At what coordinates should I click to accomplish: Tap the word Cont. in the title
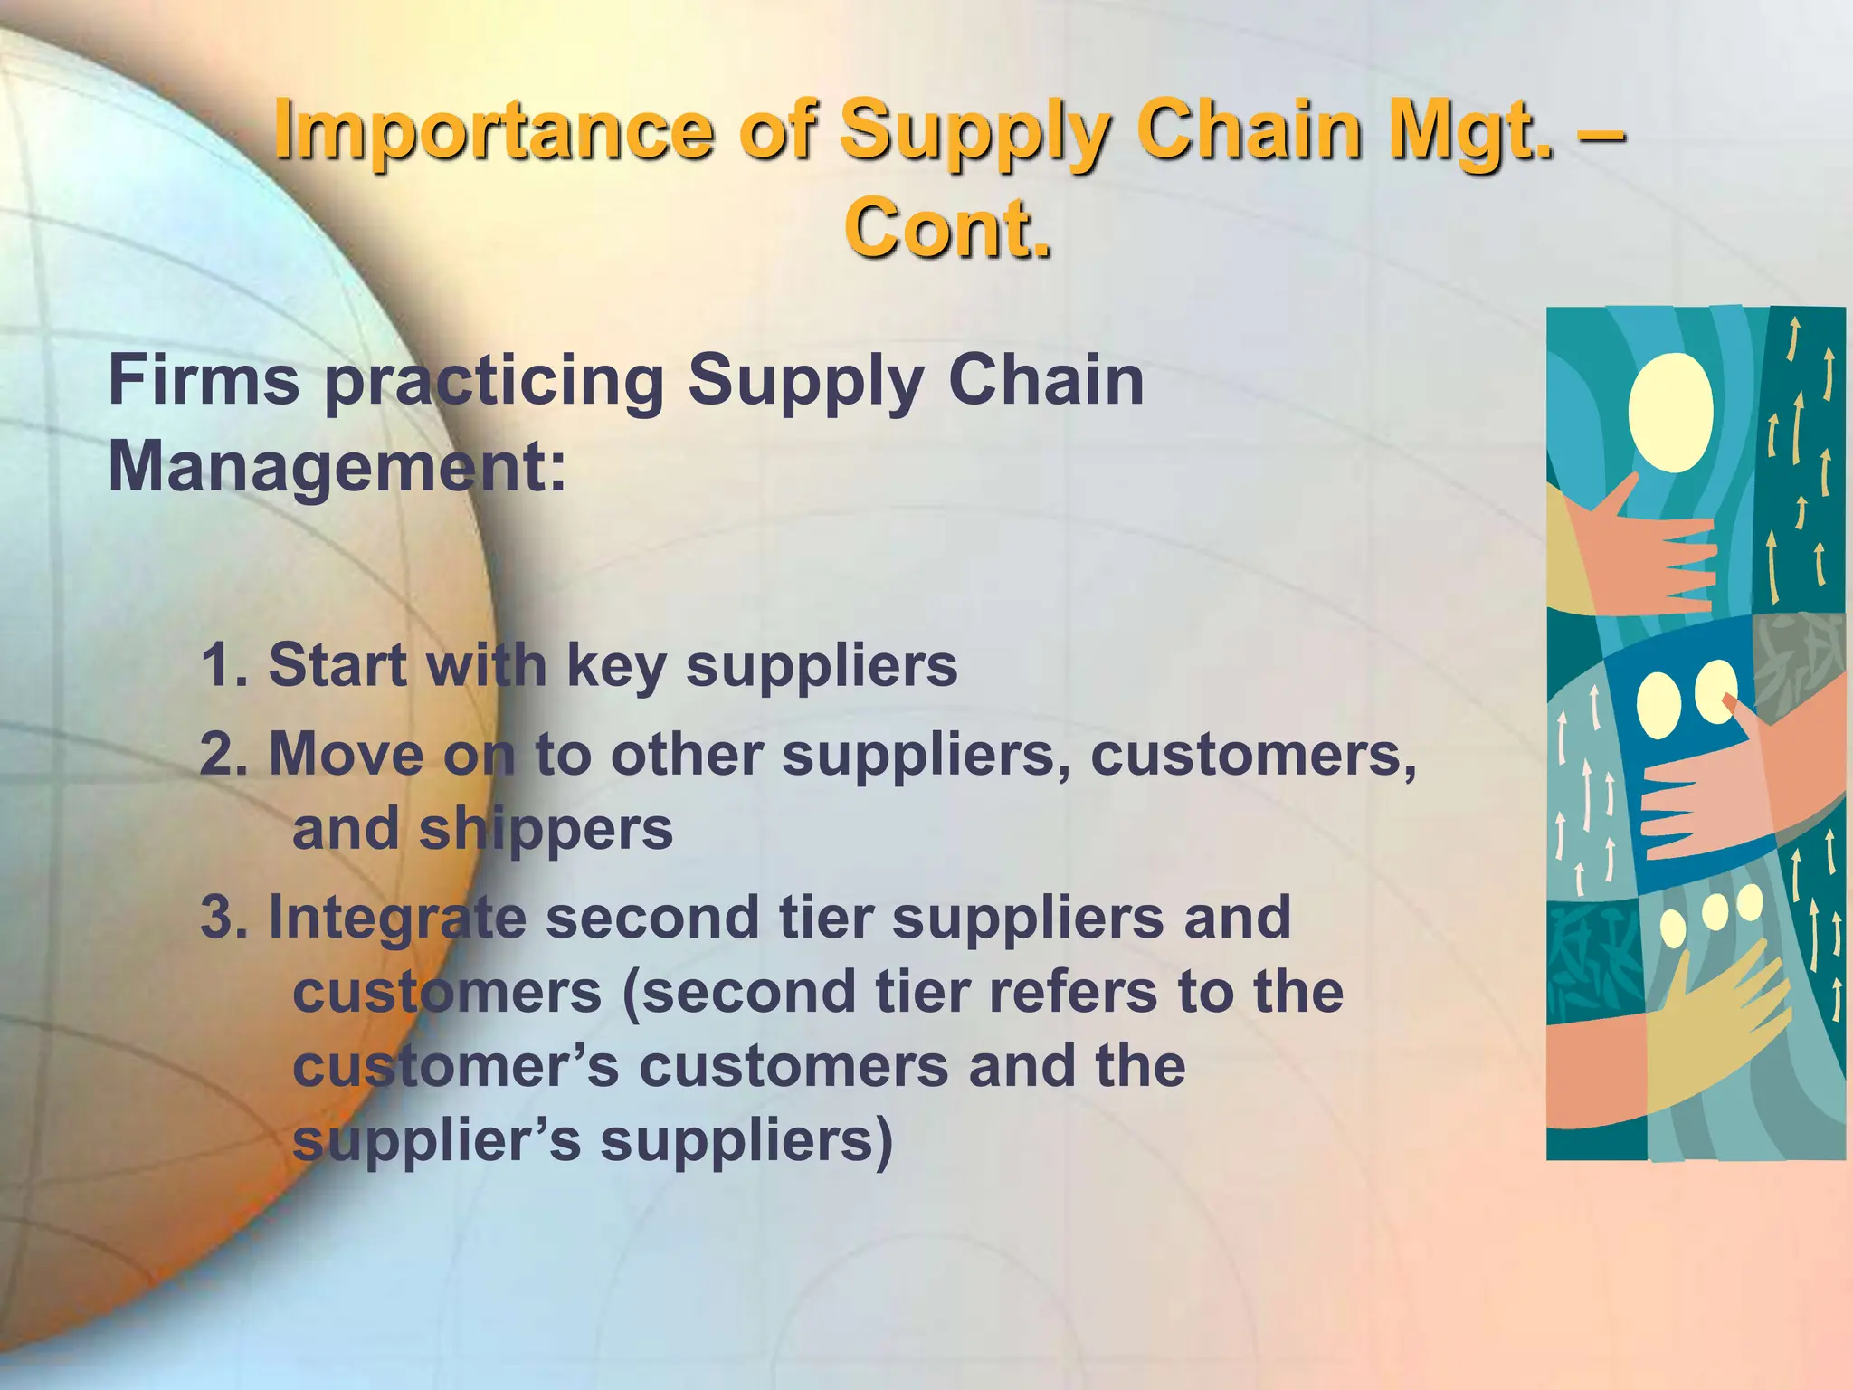947,228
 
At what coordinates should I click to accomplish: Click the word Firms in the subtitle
204,380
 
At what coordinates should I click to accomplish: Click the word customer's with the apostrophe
455,1066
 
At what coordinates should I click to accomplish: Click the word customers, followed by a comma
1254,754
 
